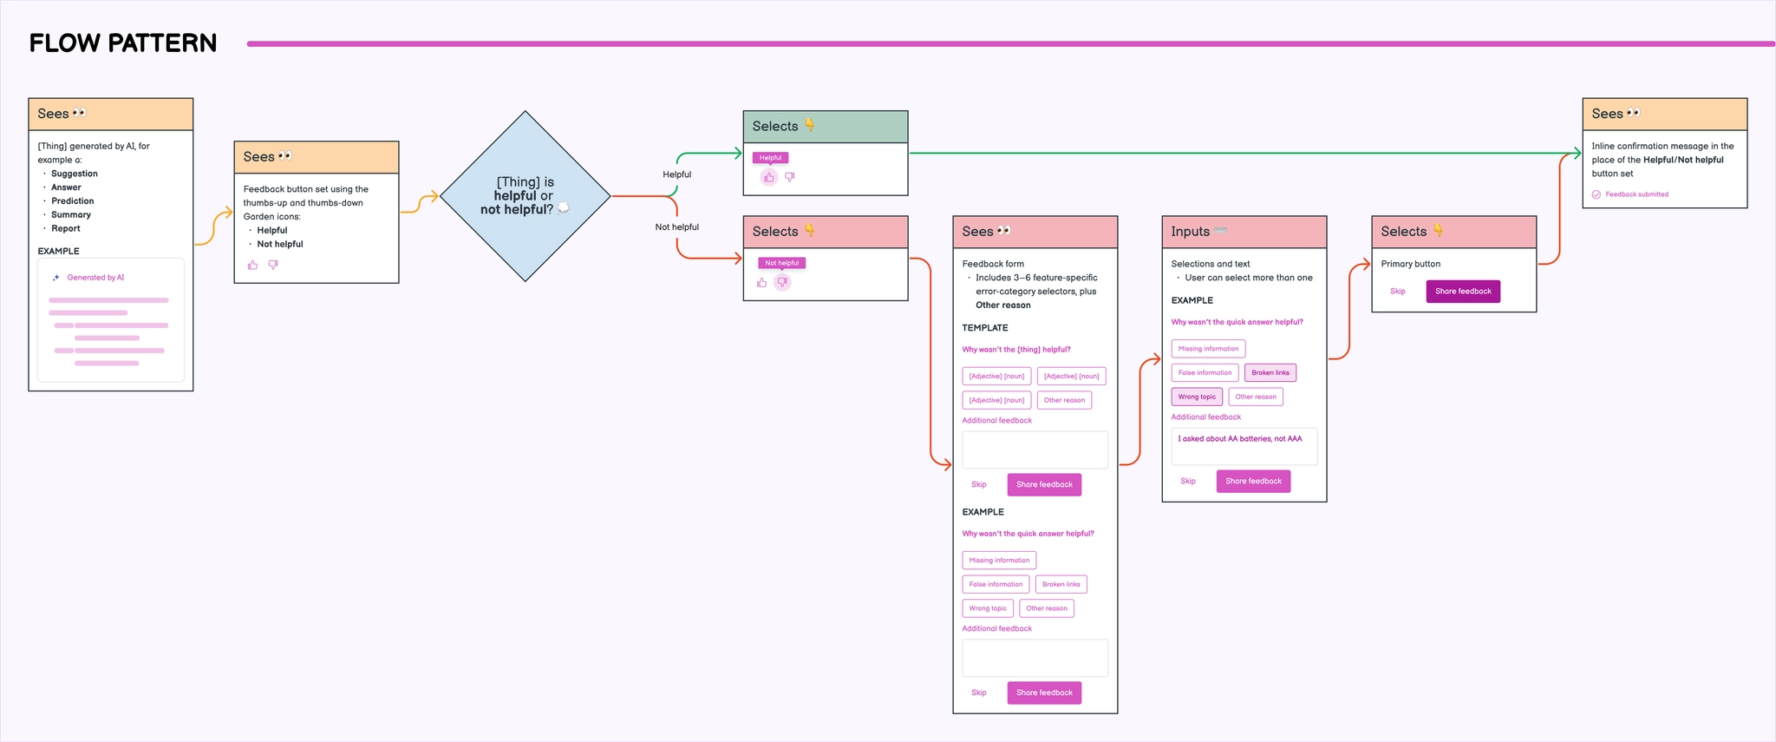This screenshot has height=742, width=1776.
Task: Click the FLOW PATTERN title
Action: pos(123,43)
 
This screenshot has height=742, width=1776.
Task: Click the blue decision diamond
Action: pos(525,196)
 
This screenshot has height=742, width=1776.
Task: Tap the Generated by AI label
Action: pos(95,278)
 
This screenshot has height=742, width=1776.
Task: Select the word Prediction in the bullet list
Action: pos(72,201)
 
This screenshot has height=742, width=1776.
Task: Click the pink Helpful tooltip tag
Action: pos(770,158)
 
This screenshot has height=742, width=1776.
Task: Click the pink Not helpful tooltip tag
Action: pos(781,263)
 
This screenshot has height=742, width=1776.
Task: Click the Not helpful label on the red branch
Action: pos(676,227)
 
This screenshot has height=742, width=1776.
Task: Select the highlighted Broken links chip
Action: pos(1270,373)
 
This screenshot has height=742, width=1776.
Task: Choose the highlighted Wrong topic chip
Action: pos(1197,397)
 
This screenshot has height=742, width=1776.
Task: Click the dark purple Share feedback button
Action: pos(1462,292)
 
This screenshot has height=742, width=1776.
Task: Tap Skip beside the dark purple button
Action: pos(1397,292)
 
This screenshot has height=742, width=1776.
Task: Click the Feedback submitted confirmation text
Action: pos(1636,194)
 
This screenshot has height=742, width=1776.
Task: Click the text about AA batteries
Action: pos(1239,439)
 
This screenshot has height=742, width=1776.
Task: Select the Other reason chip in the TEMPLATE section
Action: pos(1064,400)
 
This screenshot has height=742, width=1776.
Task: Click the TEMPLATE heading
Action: pos(984,328)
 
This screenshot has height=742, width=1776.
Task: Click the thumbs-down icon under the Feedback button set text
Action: pos(273,265)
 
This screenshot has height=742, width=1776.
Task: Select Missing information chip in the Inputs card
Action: pos(1208,349)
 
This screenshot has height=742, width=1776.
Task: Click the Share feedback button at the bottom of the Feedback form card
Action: pos(1044,693)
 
